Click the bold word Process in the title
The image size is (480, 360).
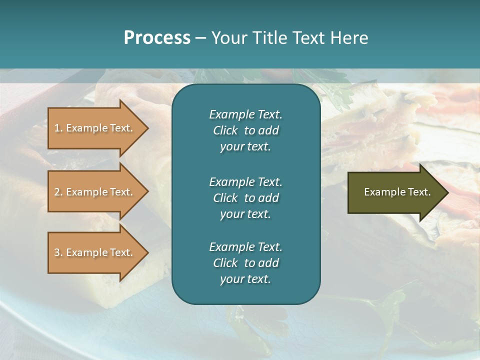(x=157, y=38)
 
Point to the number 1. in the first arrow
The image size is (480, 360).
(x=58, y=128)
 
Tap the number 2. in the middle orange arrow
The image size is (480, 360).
(x=58, y=192)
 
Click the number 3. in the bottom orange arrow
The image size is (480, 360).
(x=58, y=252)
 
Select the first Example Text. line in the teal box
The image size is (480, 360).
(x=245, y=114)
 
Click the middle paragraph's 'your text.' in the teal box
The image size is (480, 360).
(x=245, y=214)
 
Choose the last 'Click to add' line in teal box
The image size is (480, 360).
(x=245, y=263)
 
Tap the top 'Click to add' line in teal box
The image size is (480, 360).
(x=245, y=130)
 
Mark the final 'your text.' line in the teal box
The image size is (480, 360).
(x=245, y=279)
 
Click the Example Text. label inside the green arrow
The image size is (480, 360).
(x=397, y=192)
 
